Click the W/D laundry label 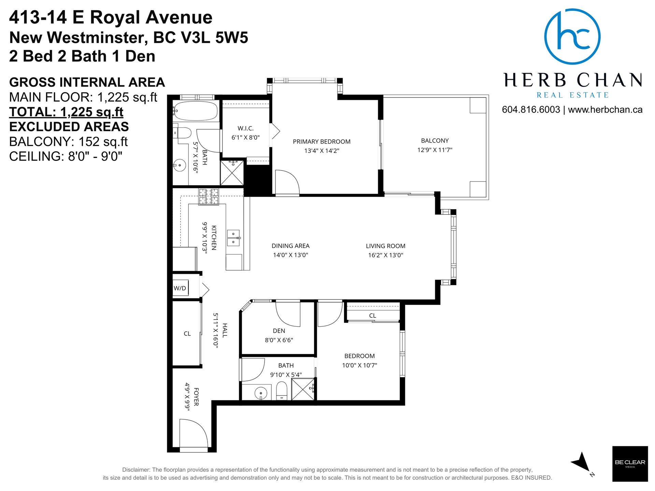pos(180,288)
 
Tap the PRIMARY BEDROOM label pos(322,142)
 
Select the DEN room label pos(279,331)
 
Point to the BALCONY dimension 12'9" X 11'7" pos(435,150)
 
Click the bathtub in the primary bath pos(197,111)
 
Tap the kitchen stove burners pos(209,197)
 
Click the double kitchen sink pos(233,238)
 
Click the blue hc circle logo pos(572,36)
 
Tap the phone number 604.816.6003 pos(531,109)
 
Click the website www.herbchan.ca pos(605,109)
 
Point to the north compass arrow pos(581,462)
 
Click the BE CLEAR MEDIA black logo pos(630,464)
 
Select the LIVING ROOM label pos(386,246)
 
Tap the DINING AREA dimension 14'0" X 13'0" pos(290,255)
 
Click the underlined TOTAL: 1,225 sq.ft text pos(66,112)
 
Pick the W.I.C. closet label pos(245,128)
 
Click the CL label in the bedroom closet pos(372,316)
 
